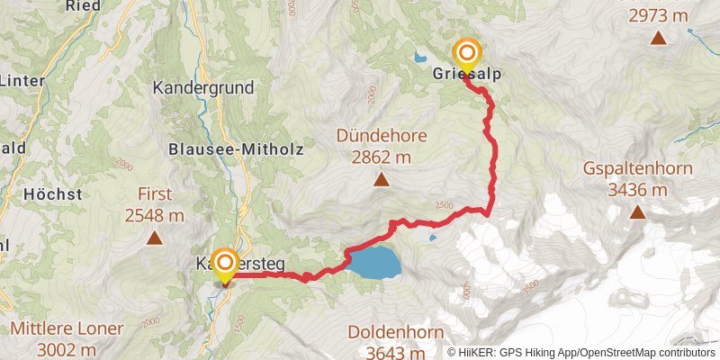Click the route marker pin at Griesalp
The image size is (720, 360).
(x=467, y=55)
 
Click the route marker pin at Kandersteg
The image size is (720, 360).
(x=224, y=264)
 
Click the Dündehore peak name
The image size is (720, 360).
(x=382, y=138)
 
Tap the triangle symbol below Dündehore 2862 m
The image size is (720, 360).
(x=382, y=181)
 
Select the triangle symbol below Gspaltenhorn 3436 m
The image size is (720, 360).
(x=637, y=213)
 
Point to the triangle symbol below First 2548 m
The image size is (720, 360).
(x=154, y=238)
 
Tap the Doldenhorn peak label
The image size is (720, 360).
(x=391, y=330)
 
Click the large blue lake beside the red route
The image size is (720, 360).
(x=375, y=263)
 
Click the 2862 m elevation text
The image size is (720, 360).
(x=382, y=157)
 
